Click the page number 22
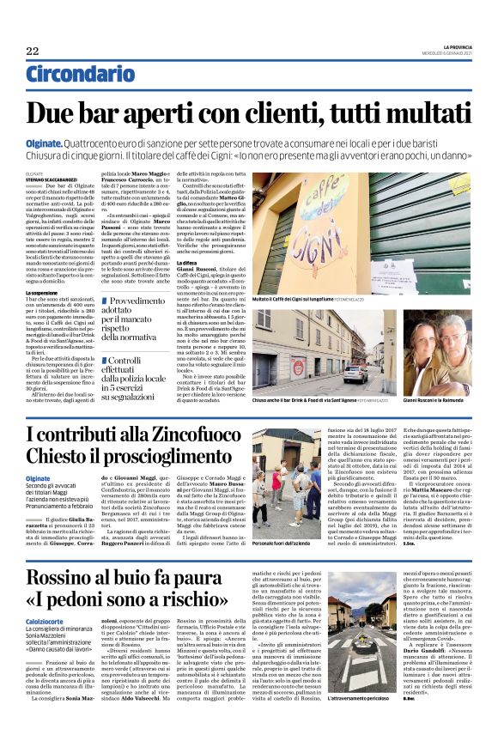[x=32, y=52]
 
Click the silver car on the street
[x=356, y=374]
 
